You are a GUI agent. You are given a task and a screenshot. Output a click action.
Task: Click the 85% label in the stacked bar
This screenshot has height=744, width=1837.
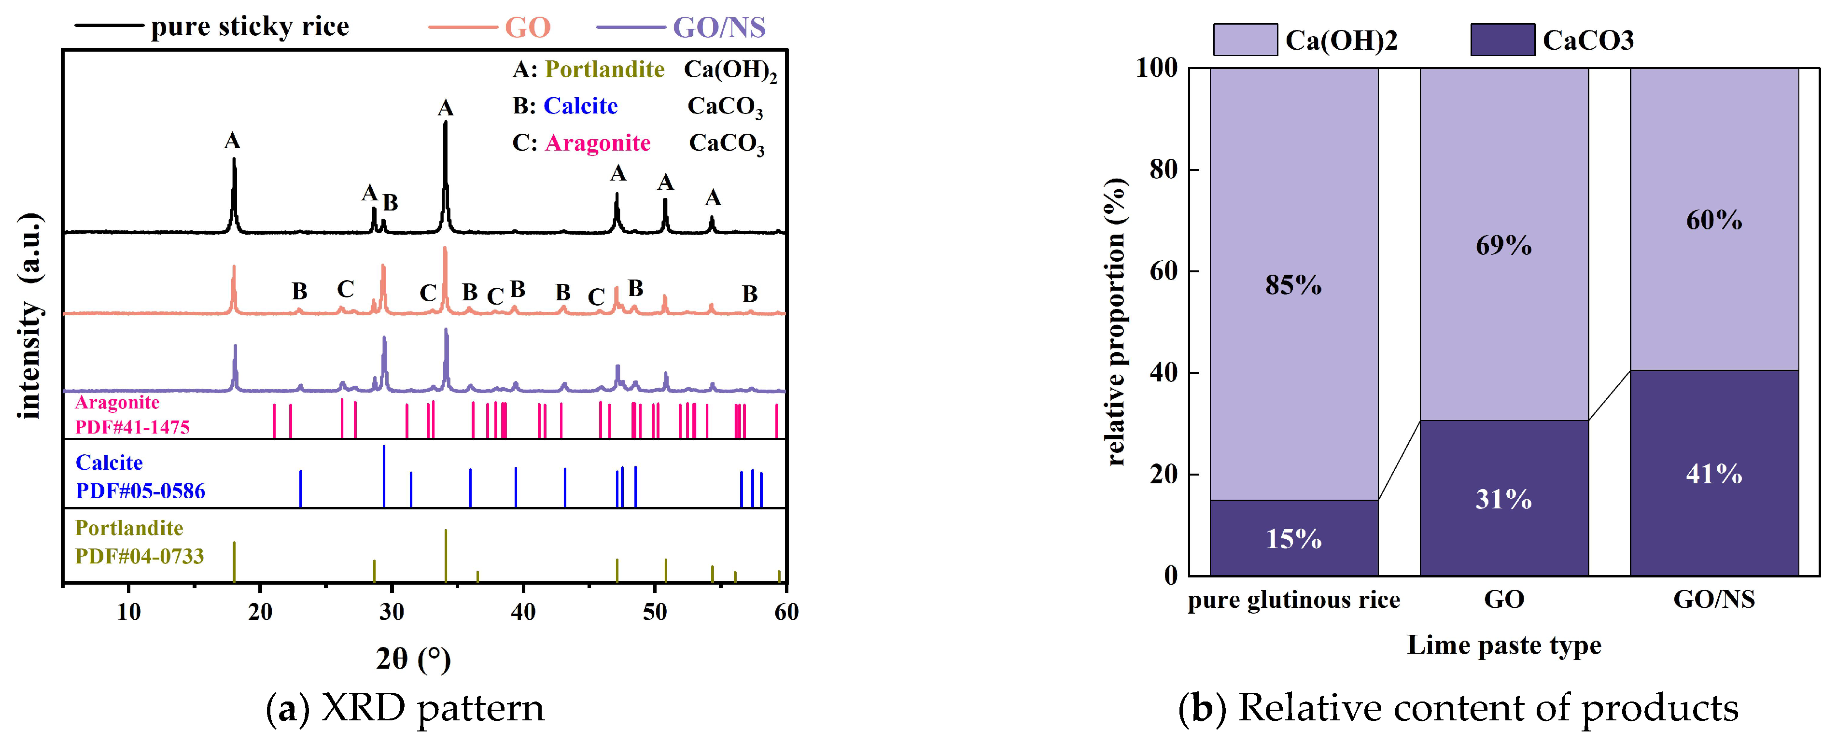pyautogui.click(x=1293, y=285)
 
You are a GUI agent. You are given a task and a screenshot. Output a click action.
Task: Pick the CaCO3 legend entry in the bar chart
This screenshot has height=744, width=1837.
pyautogui.click(x=1587, y=40)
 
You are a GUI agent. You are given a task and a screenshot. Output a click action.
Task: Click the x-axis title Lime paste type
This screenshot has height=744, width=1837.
pyautogui.click(x=1503, y=645)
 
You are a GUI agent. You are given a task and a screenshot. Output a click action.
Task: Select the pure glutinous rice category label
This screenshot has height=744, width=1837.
pyautogui.click(x=1293, y=599)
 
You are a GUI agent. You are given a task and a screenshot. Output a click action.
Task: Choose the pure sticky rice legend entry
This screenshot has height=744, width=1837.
pyautogui.click(x=250, y=27)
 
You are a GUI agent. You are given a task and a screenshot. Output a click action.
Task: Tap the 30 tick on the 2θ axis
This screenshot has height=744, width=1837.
pyautogui.click(x=392, y=611)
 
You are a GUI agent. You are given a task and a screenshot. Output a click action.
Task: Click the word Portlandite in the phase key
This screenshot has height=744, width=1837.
pyautogui.click(x=605, y=69)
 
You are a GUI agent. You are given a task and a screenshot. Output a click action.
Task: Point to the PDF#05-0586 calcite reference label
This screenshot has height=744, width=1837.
pyautogui.click(x=140, y=491)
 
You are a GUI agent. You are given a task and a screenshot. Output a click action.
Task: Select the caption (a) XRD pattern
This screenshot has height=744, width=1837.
pyautogui.click(x=405, y=708)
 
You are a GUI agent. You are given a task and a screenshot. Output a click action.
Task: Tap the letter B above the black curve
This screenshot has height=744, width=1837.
pyautogui.click(x=390, y=203)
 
